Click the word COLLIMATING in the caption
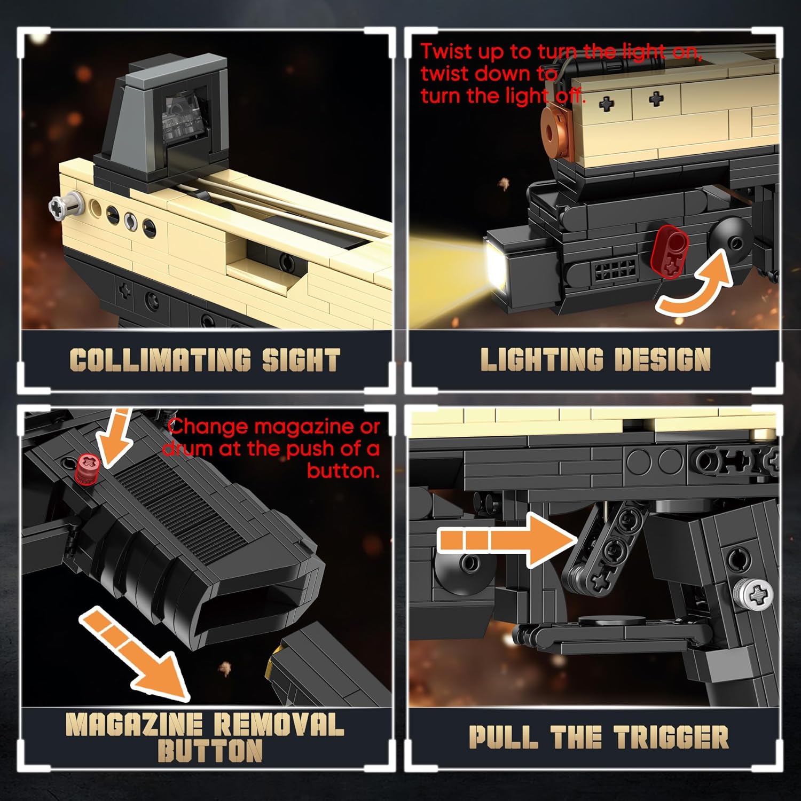[160, 360]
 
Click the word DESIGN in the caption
[662, 359]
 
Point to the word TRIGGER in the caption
[671, 737]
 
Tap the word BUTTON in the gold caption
[210, 751]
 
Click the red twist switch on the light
[672, 250]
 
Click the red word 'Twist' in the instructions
[446, 51]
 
